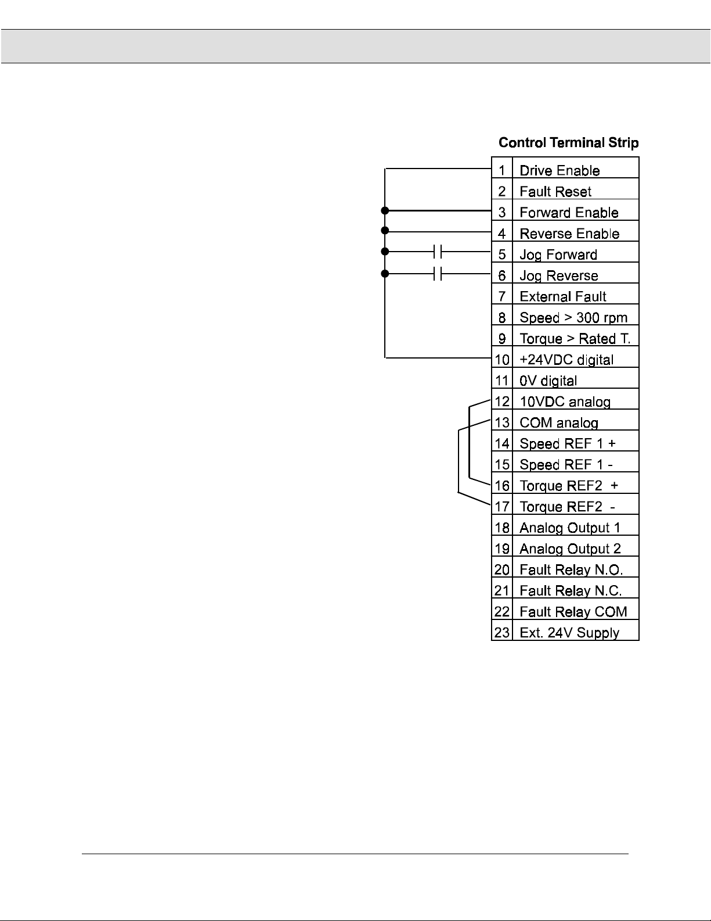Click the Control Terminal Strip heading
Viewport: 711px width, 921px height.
click(568, 142)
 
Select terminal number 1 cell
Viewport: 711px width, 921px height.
click(502, 170)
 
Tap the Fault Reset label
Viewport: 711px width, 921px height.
click(555, 192)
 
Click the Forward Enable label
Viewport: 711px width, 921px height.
click(569, 213)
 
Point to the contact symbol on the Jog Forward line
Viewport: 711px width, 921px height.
click(438, 252)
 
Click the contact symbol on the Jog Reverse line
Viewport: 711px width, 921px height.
click(438, 273)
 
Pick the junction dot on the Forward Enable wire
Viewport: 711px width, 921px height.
click(384, 210)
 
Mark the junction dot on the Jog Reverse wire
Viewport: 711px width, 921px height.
click(384, 273)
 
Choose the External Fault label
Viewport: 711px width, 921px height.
click(562, 296)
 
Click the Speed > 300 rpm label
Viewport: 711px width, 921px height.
click(573, 318)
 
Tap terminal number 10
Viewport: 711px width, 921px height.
click(501, 360)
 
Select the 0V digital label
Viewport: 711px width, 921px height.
click(548, 381)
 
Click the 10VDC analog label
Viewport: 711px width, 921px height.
click(565, 402)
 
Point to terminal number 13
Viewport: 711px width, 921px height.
click(501, 422)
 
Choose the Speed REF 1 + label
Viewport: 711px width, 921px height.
click(567, 443)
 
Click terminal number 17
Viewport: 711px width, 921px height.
click(501, 507)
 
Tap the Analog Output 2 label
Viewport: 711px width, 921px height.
click(569, 549)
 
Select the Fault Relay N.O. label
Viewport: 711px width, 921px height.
click(571, 569)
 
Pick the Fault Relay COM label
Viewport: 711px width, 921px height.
click(573, 612)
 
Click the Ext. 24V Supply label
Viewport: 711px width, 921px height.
click(569, 633)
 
